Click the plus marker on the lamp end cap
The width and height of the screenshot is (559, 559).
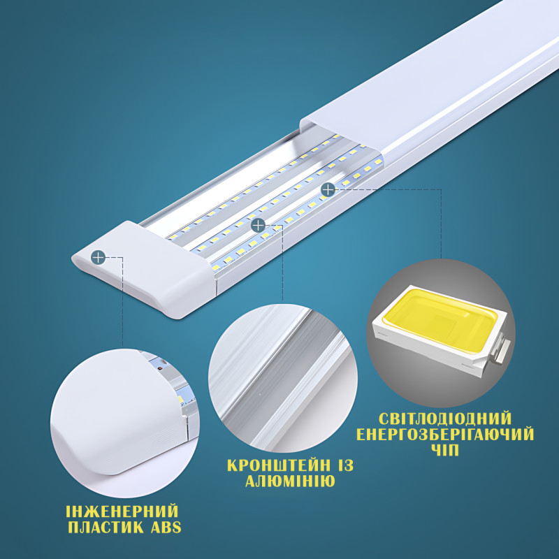98,257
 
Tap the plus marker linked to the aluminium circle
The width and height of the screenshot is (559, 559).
258,225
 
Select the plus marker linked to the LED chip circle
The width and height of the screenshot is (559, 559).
328,189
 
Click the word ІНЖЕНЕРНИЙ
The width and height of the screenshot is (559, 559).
122,511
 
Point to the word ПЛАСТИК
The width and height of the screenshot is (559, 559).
106,528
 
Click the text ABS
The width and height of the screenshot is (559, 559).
166,528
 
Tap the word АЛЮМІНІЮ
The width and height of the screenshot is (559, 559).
290,481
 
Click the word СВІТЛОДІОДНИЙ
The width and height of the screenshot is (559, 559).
445,418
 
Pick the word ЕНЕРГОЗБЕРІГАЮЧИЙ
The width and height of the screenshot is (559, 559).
445,434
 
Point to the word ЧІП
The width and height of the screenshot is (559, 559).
445,450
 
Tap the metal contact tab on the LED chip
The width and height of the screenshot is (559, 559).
502,351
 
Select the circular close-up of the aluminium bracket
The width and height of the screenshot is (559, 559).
283,378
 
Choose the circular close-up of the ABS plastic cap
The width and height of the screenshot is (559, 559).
125,423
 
